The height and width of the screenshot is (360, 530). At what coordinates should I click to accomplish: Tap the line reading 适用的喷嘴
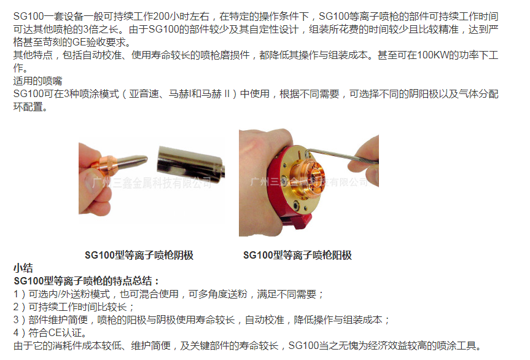click(38, 81)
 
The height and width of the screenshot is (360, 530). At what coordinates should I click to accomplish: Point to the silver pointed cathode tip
click(132, 160)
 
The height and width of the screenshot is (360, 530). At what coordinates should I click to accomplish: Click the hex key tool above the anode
click(341, 155)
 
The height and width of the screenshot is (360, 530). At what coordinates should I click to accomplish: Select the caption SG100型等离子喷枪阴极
click(139, 255)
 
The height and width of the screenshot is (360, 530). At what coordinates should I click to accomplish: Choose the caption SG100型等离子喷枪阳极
click(297, 255)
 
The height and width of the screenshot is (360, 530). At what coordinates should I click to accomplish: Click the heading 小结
click(23, 268)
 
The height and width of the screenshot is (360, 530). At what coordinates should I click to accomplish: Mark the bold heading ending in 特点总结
click(86, 281)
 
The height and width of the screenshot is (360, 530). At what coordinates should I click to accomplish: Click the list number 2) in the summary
click(19, 307)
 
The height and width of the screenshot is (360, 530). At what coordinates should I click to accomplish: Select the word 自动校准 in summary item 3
click(265, 320)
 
